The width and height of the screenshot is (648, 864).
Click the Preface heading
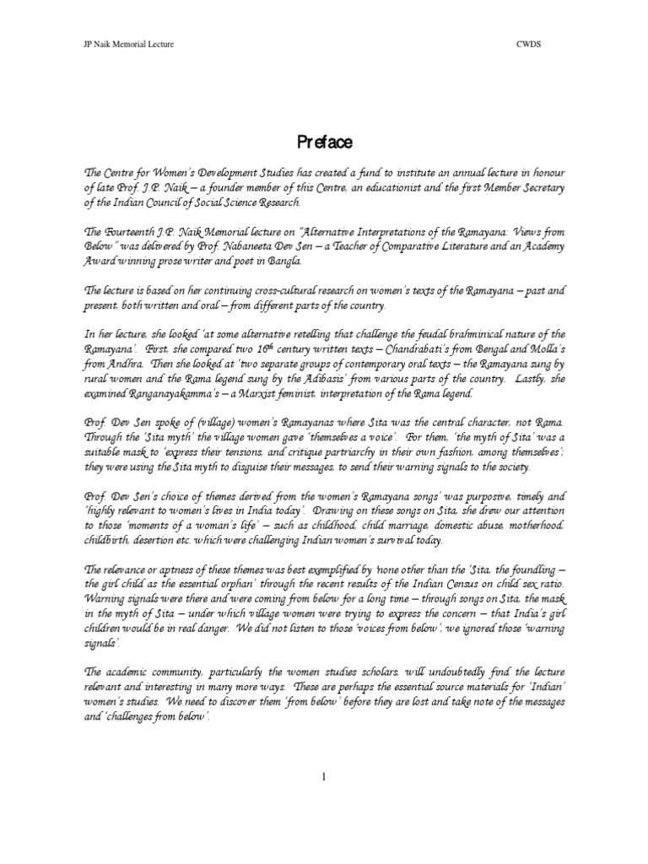coord(324,141)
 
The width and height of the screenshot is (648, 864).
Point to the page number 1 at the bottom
coord(324,777)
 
